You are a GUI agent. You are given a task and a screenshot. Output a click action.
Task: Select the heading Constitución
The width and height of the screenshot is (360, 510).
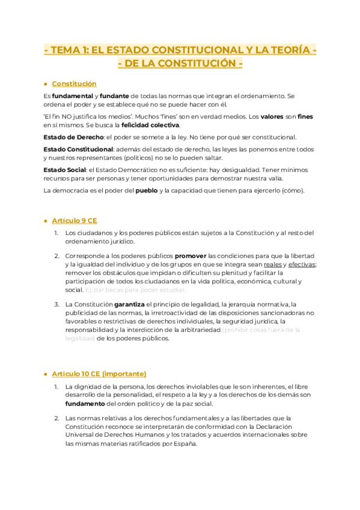point(74,84)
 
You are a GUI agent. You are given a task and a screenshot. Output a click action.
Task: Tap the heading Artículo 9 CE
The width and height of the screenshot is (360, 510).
point(75,221)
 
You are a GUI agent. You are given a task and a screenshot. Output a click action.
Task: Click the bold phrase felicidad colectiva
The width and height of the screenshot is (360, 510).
point(150,125)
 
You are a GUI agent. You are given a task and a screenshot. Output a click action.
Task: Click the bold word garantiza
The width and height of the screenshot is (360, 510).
point(130,304)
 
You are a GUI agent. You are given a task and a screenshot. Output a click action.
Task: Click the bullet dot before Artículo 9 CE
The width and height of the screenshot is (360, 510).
point(46,221)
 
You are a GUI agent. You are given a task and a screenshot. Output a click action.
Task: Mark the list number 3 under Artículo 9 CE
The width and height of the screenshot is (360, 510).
point(56,304)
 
